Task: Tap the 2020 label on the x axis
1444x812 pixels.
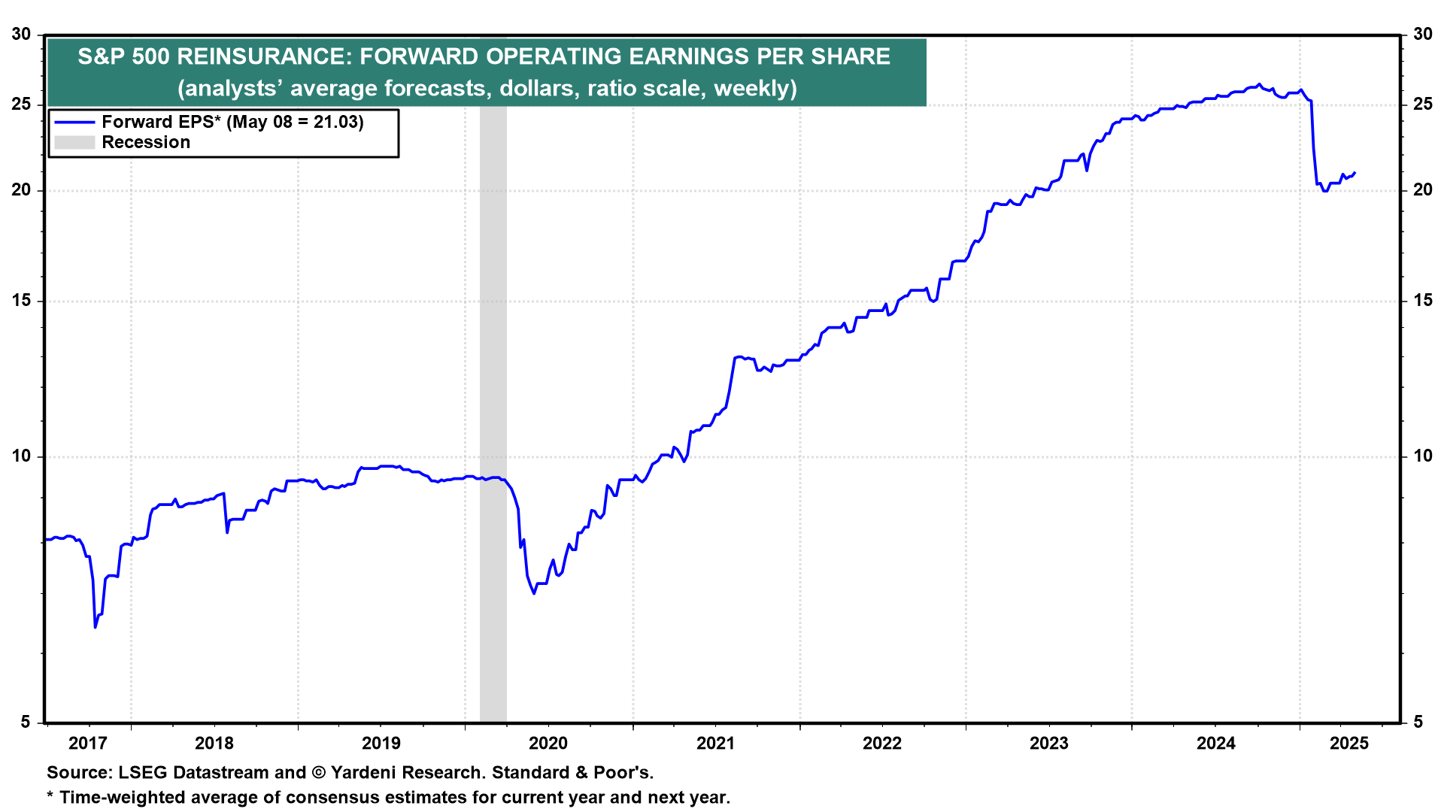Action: [548, 744]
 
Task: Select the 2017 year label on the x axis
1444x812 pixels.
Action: [88, 744]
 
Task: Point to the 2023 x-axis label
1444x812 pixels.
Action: [1048, 744]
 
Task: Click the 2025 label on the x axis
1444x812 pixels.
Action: [1349, 744]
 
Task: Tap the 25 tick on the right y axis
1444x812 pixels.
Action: [1423, 105]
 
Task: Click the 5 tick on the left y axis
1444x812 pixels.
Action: [26, 722]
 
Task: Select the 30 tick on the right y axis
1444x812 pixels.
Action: [1423, 35]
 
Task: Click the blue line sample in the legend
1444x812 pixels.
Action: [74, 123]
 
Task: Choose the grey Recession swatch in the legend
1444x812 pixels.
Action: [74, 143]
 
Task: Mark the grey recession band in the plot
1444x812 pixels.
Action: [493, 376]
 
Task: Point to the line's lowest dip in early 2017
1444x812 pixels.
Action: [96, 627]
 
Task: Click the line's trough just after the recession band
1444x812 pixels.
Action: [534, 593]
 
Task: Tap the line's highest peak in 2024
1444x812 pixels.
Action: [1259, 84]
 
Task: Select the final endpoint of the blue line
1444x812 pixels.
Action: [1355, 173]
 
